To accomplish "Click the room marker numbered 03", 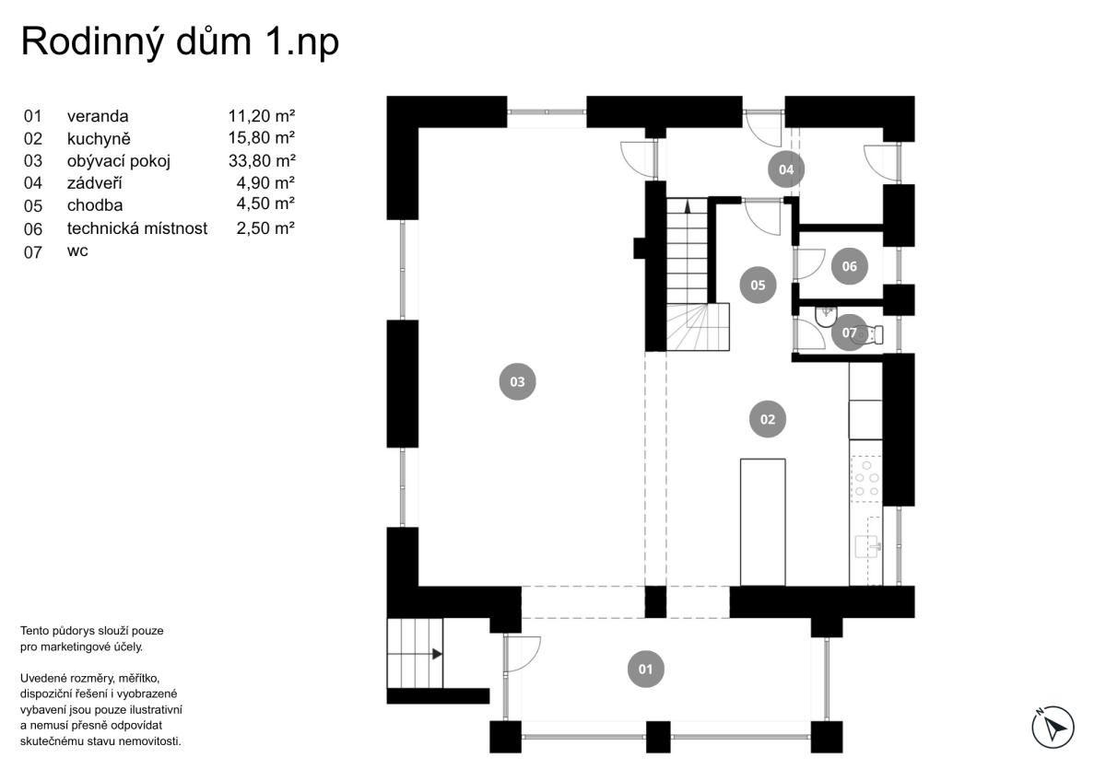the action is (x=517, y=382).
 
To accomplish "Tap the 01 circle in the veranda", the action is (x=645, y=670).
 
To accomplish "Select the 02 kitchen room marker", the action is (x=767, y=419).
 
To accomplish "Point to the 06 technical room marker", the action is (x=849, y=266).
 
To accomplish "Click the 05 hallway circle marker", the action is (x=758, y=285).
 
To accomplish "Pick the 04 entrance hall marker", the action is (x=786, y=169).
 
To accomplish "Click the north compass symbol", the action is (x=1053, y=728).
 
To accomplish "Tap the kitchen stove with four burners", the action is (x=866, y=479).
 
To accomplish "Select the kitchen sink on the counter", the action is (x=867, y=547).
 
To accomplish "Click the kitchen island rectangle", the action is (x=763, y=522).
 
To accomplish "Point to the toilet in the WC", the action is (x=869, y=334).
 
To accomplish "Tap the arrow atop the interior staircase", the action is (x=688, y=206).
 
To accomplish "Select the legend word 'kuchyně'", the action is (x=99, y=139).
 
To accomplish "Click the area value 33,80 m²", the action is (x=262, y=161).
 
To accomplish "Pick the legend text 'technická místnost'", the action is (x=137, y=228).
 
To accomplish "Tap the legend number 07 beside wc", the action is (x=33, y=252).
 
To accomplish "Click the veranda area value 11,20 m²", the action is (x=262, y=116).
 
